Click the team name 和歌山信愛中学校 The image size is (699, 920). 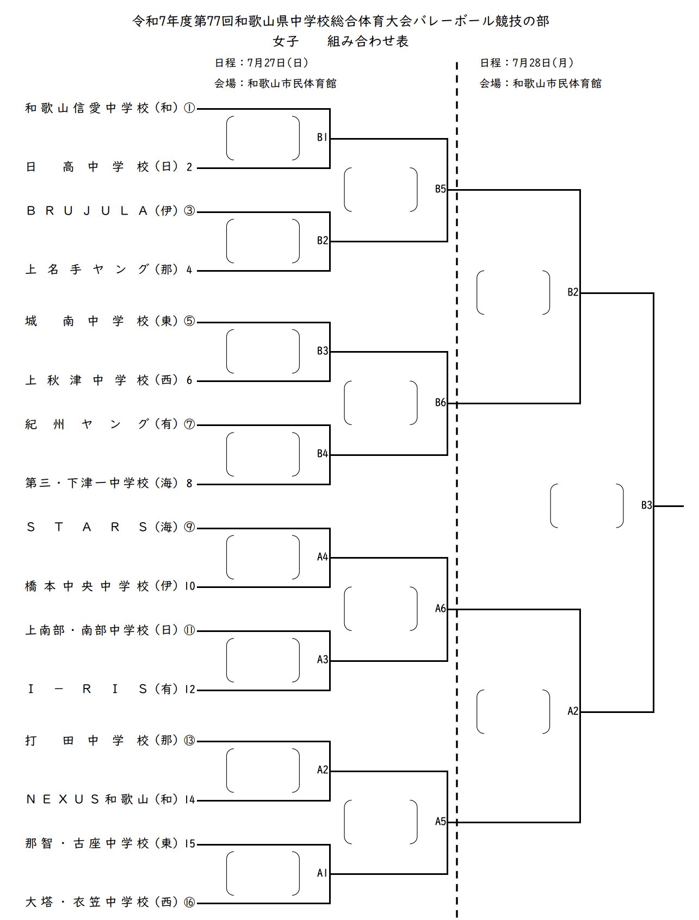[87, 108]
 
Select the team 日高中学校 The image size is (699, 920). [87, 167]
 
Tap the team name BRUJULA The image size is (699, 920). [87, 211]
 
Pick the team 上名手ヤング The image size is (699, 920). [87, 270]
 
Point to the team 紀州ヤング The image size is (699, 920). [87, 424]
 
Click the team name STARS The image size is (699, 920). [87, 527]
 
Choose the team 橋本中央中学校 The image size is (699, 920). [87, 586]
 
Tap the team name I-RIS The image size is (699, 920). [87, 690]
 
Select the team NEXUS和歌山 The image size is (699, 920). [87, 799]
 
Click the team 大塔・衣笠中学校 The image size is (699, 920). [87, 903]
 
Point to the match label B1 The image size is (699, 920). [322, 138]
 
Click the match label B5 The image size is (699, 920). [440, 189]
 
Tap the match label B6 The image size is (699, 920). [440, 403]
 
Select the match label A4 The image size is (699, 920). [322, 557]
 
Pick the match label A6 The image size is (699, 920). [440, 609]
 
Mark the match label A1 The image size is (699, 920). [322, 873]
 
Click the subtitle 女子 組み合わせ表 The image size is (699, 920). [341, 41]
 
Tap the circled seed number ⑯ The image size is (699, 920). [189, 903]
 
